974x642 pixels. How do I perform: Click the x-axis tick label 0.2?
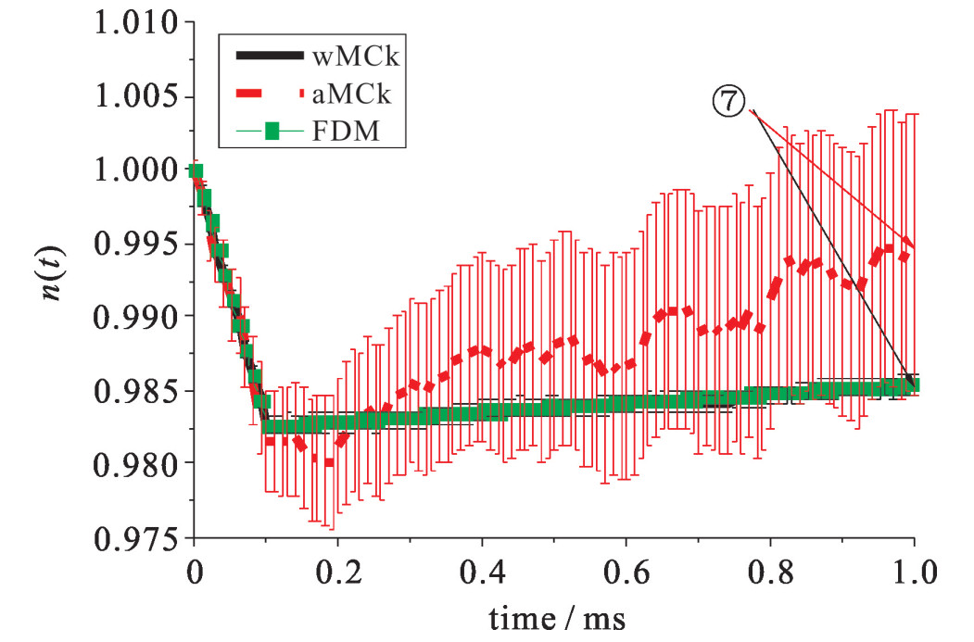pyautogui.click(x=337, y=568)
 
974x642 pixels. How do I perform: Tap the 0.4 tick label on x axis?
pyautogui.click(x=482, y=568)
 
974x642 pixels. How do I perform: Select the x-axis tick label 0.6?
pyautogui.click(x=626, y=568)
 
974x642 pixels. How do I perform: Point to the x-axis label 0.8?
pyautogui.click(x=771, y=568)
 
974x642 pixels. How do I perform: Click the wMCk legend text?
pyautogui.click(x=356, y=57)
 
